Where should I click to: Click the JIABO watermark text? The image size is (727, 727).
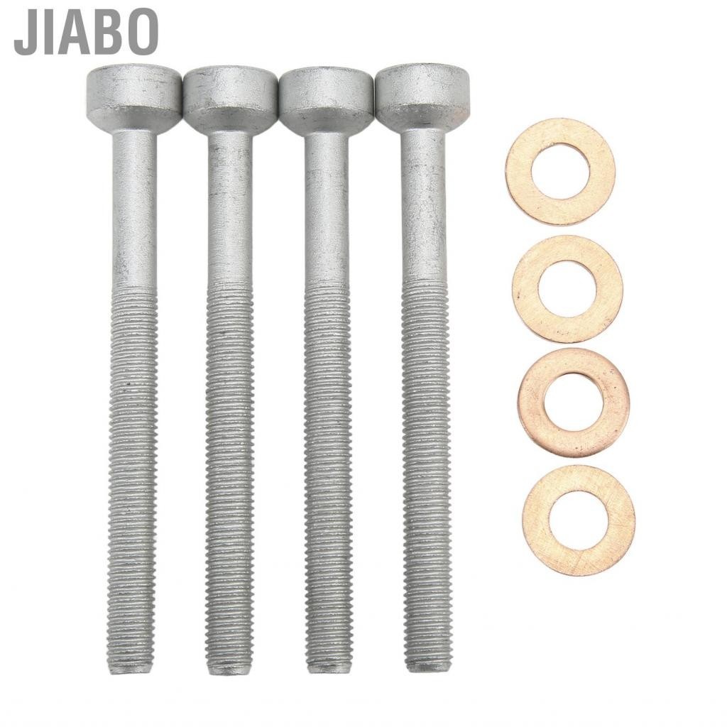86,32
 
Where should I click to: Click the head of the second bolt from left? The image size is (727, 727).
230,99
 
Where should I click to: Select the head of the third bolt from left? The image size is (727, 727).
326,99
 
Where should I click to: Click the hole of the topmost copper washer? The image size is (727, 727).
560,171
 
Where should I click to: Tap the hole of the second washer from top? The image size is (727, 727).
567,288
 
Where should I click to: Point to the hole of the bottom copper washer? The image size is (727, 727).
578,520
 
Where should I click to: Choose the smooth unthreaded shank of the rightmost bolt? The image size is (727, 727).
423,206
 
